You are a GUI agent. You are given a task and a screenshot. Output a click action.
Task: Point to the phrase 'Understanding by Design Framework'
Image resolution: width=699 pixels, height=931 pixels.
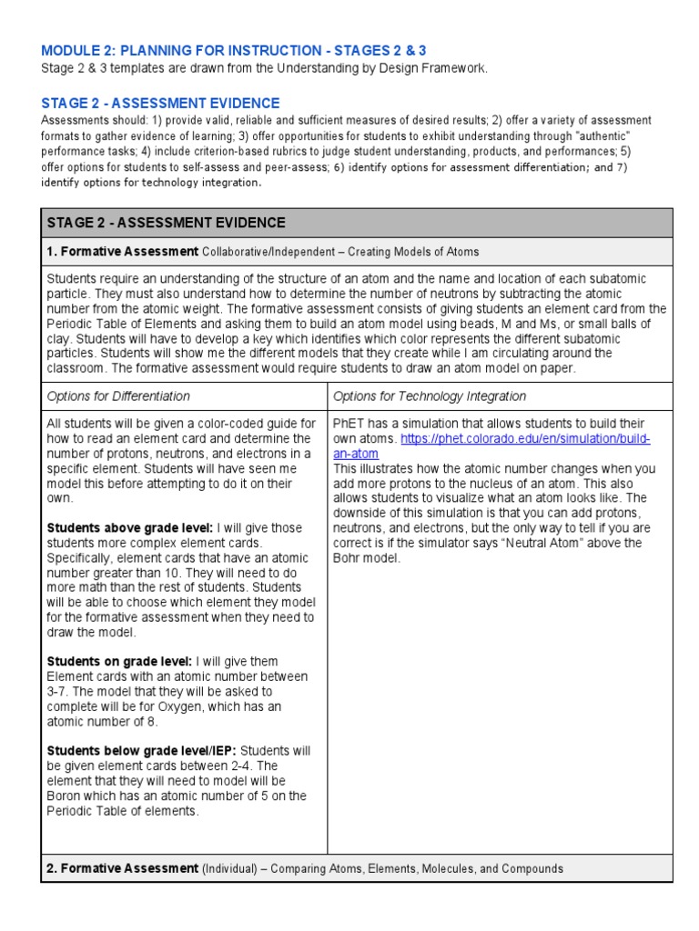pos(385,68)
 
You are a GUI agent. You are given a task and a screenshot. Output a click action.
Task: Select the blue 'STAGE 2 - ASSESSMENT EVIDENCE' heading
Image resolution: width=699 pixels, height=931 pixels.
pos(160,104)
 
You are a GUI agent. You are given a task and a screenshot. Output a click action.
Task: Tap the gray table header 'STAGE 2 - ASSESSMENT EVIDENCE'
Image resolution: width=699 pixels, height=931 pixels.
pos(166,222)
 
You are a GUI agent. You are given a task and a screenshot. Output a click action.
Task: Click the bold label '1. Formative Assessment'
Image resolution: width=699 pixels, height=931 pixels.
pos(122,251)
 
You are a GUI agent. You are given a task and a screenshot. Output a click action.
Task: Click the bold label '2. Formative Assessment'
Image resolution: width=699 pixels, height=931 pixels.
pos(122,868)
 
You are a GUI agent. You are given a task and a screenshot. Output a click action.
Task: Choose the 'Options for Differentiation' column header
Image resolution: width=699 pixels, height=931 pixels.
pos(118,395)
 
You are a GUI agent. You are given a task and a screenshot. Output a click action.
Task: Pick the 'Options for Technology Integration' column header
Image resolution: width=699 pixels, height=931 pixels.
pos(430,395)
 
